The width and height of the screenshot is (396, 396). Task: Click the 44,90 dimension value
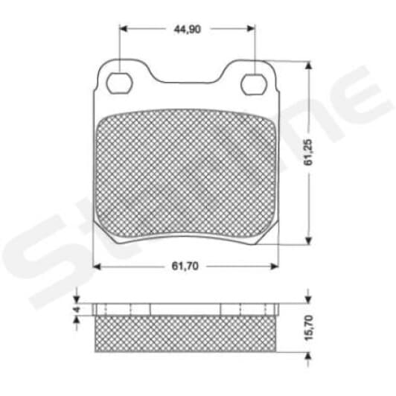pos(187,30)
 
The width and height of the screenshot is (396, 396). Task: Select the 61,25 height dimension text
pos(308,153)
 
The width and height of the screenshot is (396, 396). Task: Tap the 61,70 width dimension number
pos(185,266)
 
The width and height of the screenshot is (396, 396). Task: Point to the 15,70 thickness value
pos(309,328)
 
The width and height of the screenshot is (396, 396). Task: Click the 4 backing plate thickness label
pos(77,309)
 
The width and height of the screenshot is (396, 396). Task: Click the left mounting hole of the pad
pos(119,83)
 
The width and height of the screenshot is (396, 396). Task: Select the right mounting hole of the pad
pos(254,84)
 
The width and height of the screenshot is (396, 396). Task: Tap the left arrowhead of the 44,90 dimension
pos(123,28)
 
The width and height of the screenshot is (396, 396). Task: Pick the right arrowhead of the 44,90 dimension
pos(251,28)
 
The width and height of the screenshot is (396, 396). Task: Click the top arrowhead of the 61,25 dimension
pos(308,66)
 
